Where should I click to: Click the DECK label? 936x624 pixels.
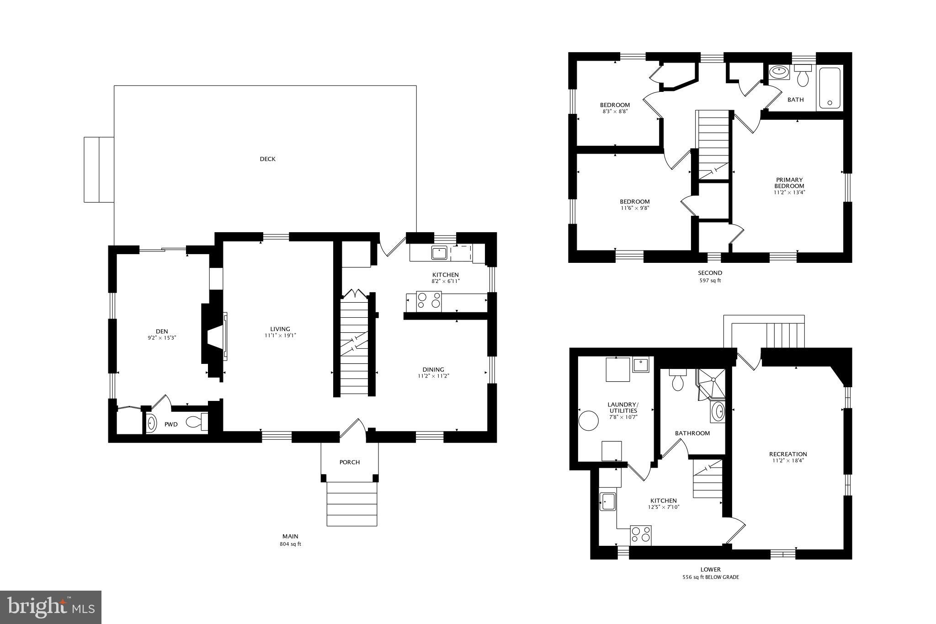(267, 159)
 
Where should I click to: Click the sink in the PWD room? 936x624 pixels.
(152, 424)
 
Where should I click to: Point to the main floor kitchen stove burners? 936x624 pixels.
(429, 301)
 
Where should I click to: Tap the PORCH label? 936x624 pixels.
(350, 462)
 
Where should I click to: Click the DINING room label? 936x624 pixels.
(433, 370)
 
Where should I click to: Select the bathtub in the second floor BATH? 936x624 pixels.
(830, 88)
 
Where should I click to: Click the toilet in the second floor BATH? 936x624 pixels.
(803, 77)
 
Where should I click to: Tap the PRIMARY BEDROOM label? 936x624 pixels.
(789, 183)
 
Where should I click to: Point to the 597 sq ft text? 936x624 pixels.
(710, 281)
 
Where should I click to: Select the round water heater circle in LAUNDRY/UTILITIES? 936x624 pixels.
(589, 420)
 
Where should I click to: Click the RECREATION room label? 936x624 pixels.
(788, 454)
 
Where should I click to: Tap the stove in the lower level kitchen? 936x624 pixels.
(641, 535)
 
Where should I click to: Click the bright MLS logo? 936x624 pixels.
(51, 607)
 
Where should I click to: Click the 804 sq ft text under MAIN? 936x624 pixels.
(290, 544)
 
